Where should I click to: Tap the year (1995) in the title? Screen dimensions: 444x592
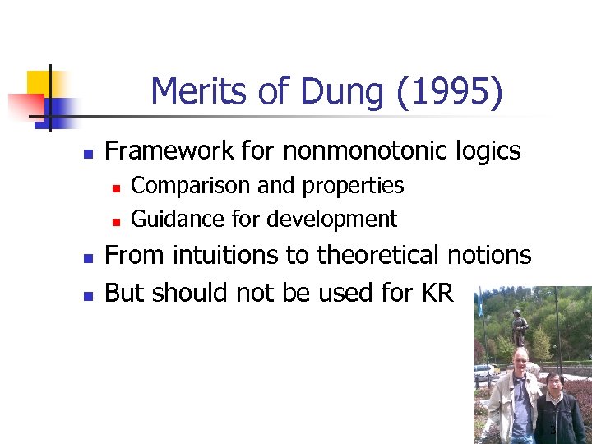[449, 92]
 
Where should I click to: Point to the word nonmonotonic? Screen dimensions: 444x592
[368, 151]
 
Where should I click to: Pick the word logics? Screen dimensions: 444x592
[489, 151]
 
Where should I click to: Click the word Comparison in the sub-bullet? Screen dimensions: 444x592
[191, 186]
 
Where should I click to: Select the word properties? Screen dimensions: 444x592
[353, 187]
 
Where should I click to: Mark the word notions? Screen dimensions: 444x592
[492, 256]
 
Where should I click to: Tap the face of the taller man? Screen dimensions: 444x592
[520, 361]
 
